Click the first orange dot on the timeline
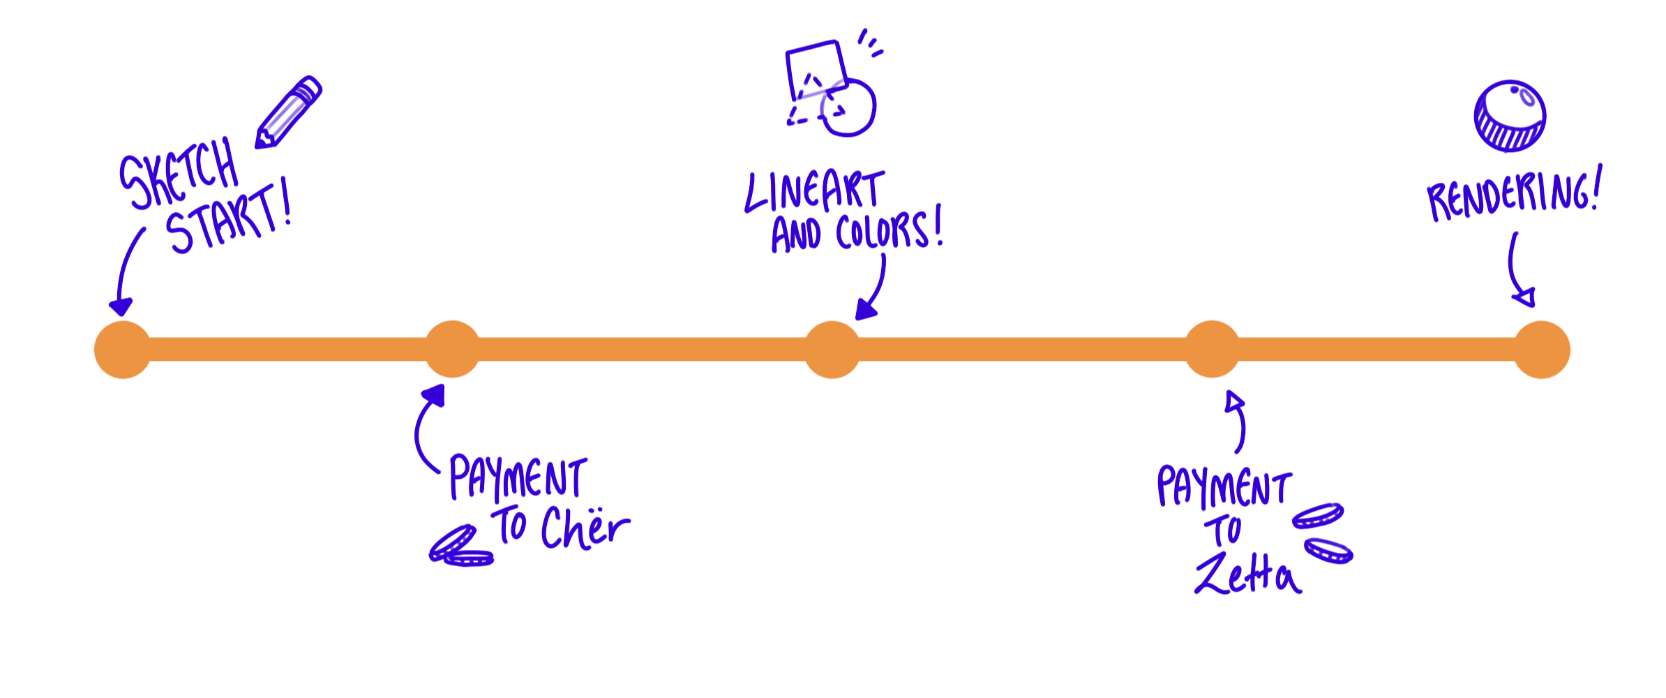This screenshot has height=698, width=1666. coord(122,349)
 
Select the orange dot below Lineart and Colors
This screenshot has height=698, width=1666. coord(832,349)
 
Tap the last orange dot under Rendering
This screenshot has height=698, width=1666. coord(1542,349)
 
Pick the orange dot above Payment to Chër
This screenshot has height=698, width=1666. coord(453,349)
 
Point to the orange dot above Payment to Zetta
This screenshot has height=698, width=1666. coord(1212,349)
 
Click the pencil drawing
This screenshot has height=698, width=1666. coord(288,112)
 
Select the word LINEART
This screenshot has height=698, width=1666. coord(815,192)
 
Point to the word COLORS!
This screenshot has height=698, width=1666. coord(890,230)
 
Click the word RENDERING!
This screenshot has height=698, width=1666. coord(1514,195)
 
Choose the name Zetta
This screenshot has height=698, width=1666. coord(1247,574)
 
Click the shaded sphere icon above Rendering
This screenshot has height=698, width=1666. coord(1510,116)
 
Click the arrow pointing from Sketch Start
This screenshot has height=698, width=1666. coord(127,272)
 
